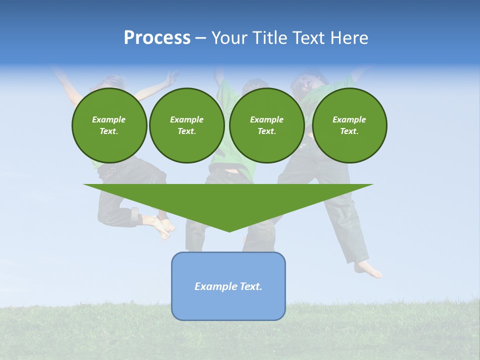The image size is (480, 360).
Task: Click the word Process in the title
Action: point(157,38)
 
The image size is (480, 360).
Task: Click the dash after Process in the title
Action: point(200,38)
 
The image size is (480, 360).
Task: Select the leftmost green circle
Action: point(109,125)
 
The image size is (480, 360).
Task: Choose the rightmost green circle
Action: point(349,125)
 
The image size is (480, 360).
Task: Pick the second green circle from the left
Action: point(186,125)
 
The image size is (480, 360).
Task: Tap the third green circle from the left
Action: point(266,125)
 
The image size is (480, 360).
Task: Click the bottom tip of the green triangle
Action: point(229,230)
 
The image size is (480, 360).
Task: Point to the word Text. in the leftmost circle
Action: point(109,131)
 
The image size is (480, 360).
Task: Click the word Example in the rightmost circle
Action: point(349,119)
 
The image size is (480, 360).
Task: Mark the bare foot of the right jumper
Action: point(368,270)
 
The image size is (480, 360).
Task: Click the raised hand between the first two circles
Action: point(171,78)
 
